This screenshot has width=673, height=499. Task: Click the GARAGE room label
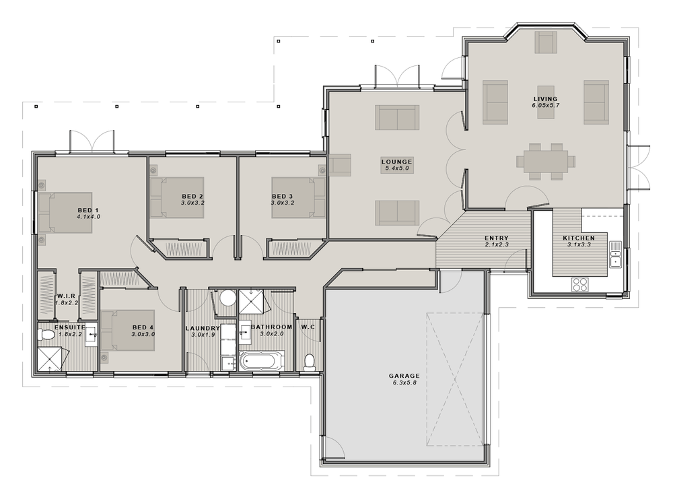404,376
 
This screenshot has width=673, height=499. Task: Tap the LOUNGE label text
396,162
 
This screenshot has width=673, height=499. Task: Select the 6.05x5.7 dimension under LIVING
546,106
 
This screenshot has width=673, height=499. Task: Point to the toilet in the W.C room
310,362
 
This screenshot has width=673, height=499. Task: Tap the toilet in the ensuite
47,335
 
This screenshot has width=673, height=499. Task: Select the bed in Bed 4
128,330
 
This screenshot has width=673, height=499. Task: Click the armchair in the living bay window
546,42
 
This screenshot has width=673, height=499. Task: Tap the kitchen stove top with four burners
580,284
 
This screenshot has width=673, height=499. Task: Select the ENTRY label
497,238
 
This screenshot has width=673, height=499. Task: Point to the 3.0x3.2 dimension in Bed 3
283,202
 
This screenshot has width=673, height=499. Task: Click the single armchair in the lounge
341,164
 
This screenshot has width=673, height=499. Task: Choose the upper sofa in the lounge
396,117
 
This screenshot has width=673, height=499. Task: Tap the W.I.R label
67,296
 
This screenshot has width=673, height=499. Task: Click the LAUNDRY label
203,328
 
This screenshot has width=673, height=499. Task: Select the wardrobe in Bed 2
180,248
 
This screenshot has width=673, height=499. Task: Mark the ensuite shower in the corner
51,358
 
